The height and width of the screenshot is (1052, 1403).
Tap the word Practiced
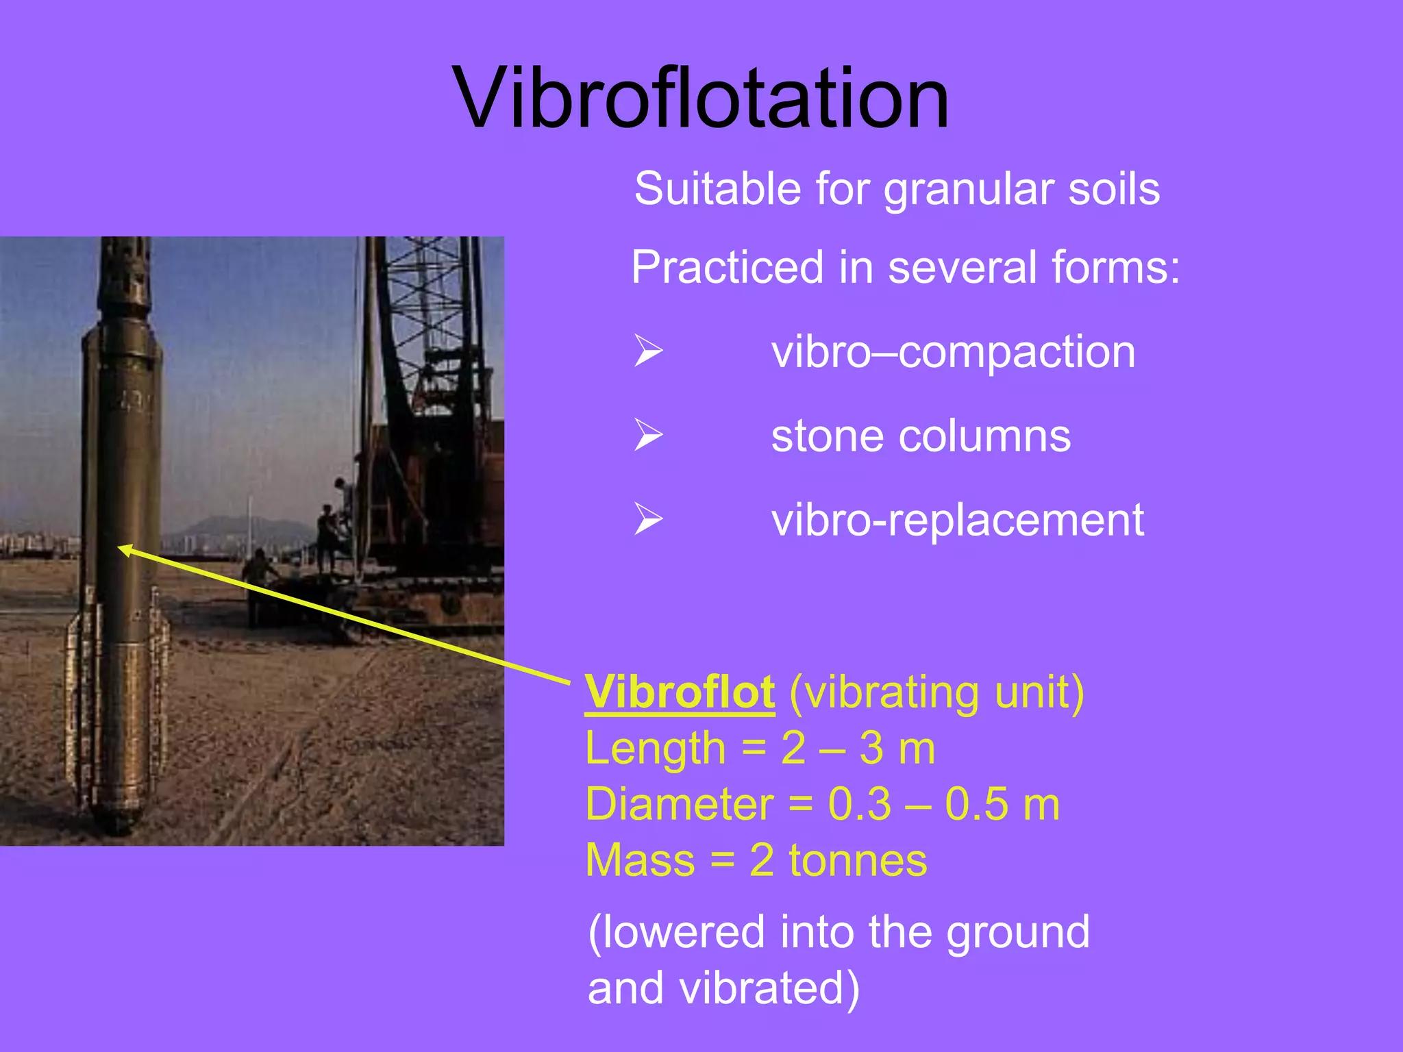727,267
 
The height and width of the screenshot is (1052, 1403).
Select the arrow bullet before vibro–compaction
648,351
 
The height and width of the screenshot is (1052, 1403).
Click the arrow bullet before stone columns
648,436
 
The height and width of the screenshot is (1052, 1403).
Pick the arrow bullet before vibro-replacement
648,519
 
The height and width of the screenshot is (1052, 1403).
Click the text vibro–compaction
953,352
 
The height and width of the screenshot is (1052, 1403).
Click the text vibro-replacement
957,520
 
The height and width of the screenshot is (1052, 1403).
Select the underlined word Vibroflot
680,692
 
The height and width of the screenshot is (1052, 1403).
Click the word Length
655,748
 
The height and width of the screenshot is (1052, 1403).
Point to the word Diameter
679,804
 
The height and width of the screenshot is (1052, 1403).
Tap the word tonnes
858,860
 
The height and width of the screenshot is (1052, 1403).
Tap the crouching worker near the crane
258,567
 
